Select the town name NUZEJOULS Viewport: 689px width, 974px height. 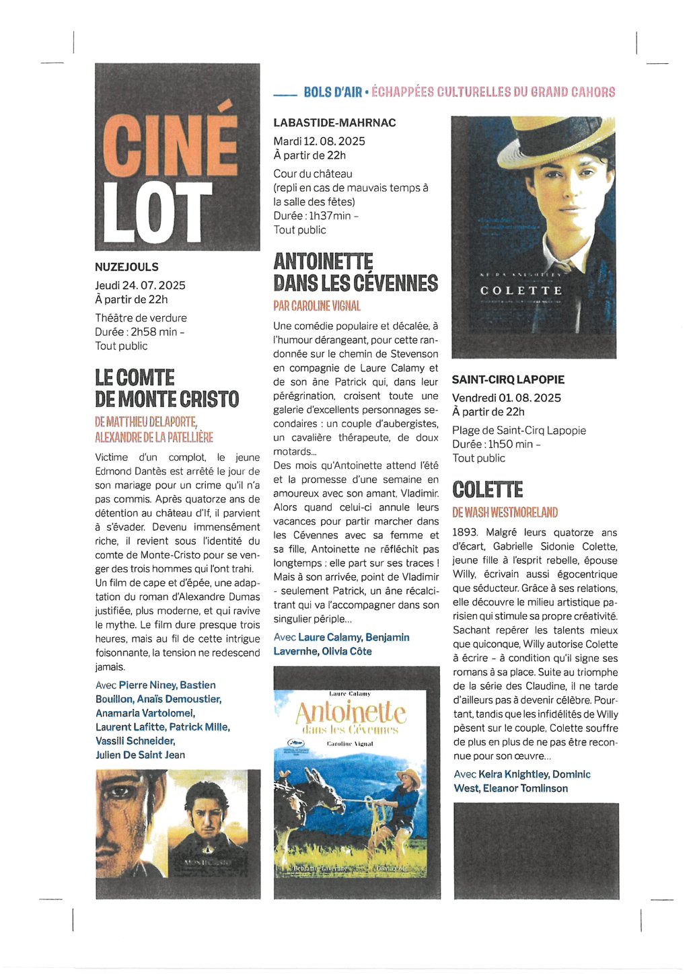[x=126, y=267]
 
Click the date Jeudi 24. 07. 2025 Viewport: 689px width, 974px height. [x=140, y=285]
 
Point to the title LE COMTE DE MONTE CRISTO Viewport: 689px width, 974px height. [x=166, y=388]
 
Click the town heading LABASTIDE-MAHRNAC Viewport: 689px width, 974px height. [x=334, y=122]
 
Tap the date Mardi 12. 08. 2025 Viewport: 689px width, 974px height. [x=319, y=141]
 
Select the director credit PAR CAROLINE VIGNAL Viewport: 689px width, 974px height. [x=317, y=306]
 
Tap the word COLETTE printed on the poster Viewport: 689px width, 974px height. [x=521, y=291]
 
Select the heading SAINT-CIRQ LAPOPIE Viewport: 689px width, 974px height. [x=508, y=379]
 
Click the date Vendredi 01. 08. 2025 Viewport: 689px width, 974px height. [x=506, y=398]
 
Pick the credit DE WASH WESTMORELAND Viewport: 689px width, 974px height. [x=505, y=513]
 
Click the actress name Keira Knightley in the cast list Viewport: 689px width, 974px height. [x=513, y=774]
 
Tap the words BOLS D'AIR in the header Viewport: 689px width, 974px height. [x=332, y=92]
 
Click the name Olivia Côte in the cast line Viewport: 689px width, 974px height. [x=347, y=651]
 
